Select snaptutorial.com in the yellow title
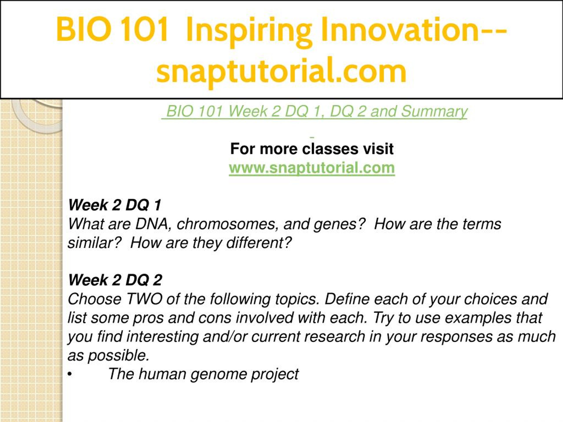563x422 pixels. tap(281, 71)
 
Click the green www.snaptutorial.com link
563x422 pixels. tap(312, 168)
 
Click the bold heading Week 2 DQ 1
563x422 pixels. tap(115, 205)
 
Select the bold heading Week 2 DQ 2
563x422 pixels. tap(115, 280)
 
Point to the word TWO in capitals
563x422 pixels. tap(144, 299)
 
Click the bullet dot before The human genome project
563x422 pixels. tap(70, 375)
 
